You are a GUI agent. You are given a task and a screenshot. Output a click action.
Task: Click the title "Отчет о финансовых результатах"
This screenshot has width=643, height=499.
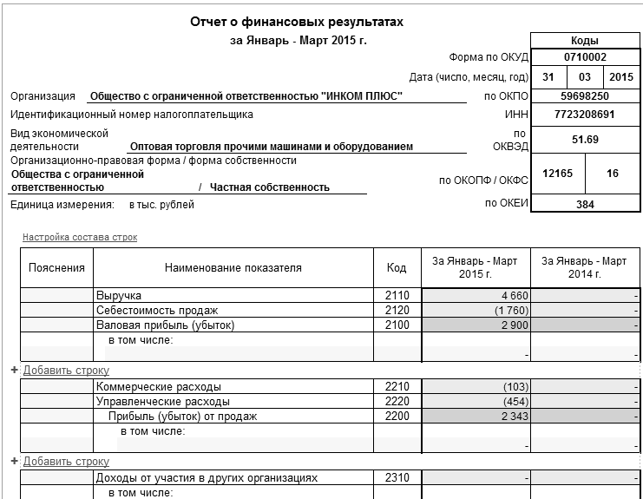[298, 21]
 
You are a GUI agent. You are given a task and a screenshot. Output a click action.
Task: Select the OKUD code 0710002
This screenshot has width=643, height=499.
[585, 57]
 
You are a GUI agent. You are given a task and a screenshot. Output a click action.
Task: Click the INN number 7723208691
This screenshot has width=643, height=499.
[585, 114]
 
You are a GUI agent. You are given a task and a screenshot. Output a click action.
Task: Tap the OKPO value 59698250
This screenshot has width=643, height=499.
[585, 95]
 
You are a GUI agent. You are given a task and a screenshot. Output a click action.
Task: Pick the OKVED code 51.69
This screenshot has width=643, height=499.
[585, 139]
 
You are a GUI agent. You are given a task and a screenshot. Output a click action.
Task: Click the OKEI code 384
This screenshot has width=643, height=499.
[585, 204]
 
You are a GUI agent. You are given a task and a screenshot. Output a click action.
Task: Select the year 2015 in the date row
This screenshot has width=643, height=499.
[621, 77]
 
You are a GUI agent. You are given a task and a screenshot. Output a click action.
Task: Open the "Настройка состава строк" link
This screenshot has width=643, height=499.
[80, 237]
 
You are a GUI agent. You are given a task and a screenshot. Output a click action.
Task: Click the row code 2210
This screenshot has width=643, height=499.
[397, 386]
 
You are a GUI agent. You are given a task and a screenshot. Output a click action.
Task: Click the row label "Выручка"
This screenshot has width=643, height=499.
[118, 296]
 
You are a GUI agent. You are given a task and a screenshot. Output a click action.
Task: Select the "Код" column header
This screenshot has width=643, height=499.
[397, 267]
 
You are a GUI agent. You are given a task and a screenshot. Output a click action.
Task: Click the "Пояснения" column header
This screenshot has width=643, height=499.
[56, 267]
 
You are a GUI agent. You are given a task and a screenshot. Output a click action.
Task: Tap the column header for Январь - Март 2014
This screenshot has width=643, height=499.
[584, 267]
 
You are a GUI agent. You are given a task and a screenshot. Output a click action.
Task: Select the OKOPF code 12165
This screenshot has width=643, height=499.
[557, 174]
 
